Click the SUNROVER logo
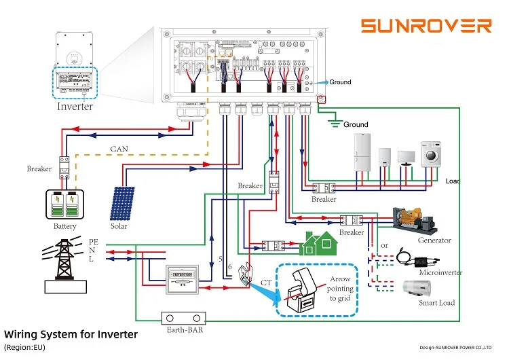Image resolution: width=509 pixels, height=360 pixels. click(x=426, y=26)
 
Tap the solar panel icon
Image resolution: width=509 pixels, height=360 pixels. click(x=123, y=203)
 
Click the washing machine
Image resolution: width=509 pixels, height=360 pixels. click(x=432, y=156)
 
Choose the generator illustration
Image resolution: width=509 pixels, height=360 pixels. click(x=413, y=218)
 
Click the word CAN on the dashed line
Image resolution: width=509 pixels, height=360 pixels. click(x=120, y=148)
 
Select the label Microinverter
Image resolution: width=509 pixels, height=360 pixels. click(x=440, y=272)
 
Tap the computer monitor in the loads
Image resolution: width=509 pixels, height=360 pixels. click(x=407, y=159)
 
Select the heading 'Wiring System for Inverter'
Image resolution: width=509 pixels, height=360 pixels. click(x=71, y=334)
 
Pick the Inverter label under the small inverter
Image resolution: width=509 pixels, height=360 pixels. click(x=75, y=107)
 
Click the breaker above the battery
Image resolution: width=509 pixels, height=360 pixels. click(x=65, y=167)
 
